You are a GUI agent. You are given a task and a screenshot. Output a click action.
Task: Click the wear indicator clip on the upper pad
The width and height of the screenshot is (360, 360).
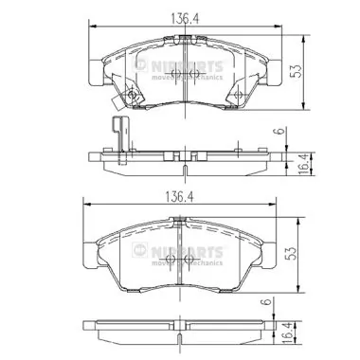[x=119, y=99]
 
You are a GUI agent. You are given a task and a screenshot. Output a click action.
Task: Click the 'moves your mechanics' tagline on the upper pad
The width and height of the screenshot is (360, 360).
[x=189, y=78]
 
